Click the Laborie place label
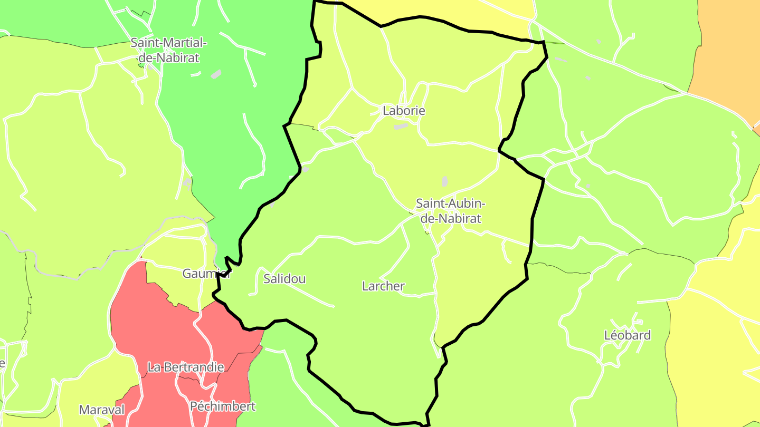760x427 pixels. pos(404,111)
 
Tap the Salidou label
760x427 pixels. pos(284,279)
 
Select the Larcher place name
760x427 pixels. pos(383,286)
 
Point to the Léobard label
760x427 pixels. pos(627,335)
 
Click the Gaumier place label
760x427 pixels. pos(206,274)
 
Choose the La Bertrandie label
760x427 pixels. pos(186,367)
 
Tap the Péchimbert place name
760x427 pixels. pos(222,406)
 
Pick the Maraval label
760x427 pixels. pos(102,410)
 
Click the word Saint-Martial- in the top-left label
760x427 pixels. pos(169,42)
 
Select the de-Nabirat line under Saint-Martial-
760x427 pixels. pos(169,58)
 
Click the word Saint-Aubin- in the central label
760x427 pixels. pos(450,203)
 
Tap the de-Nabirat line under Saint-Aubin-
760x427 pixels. pos(450,218)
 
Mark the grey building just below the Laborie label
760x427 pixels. pos(401,127)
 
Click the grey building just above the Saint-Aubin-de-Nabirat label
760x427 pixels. pos(445,181)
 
